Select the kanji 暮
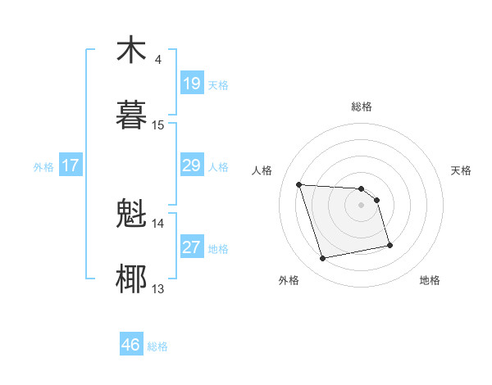[x=131, y=114]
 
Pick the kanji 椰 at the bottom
[x=131, y=279]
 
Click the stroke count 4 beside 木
[x=157, y=60]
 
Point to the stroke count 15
[x=158, y=125]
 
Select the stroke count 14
[x=158, y=223]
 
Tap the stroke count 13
[x=158, y=288]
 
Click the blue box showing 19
[x=191, y=83]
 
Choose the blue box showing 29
[x=191, y=165]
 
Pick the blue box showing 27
[x=191, y=247]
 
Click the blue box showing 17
[x=71, y=165]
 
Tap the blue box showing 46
[x=131, y=345]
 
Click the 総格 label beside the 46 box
[x=157, y=346]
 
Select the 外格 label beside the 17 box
[x=43, y=167]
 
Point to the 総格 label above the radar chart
[x=362, y=106]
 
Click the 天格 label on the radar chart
[x=461, y=170]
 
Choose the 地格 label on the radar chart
[x=430, y=281]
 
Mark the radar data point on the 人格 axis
[x=299, y=184]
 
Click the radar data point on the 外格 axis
[x=323, y=259]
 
